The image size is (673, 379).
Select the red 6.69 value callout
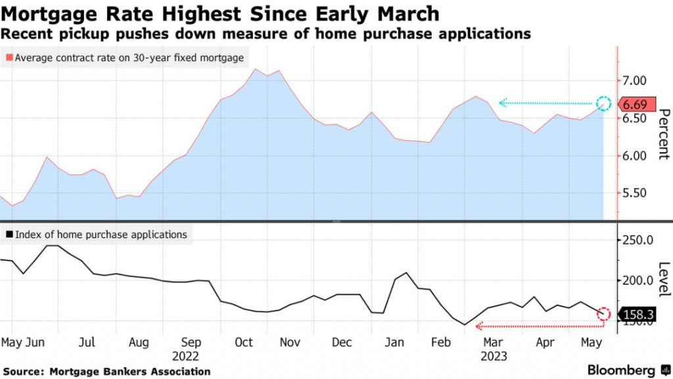635,104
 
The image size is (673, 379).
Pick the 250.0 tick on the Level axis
636,240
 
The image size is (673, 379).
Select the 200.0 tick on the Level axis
636,281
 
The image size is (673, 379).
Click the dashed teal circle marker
604,103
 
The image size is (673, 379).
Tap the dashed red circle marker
604,315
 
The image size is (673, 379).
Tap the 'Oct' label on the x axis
244,343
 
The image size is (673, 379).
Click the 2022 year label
186,355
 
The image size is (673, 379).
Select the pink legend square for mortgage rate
9,58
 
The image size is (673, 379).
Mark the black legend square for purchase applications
9,235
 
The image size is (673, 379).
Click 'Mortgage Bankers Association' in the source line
130,371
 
